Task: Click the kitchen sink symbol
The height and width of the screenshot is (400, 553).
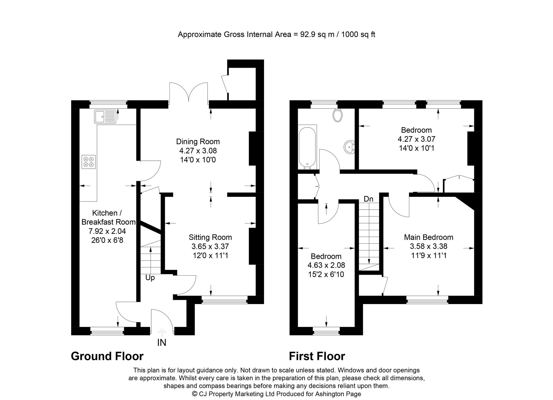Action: click(x=105, y=116)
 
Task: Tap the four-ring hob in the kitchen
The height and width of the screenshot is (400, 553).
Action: click(x=89, y=162)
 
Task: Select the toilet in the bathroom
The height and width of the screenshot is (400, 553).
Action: click(x=337, y=115)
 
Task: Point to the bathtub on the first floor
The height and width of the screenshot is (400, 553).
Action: click(x=307, y=148)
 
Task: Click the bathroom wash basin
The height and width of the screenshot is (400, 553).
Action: click(x=349, y=147)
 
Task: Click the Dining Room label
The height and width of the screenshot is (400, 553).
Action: click(x=198, y=142)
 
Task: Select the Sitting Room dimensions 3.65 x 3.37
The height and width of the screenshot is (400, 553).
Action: click(x=210, y=246)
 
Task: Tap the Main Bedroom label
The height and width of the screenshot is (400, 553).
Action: click(x=428, y=237)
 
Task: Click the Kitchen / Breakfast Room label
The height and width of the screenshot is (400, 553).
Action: click(x=108, y=217)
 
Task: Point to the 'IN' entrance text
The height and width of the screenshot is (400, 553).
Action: click(x=161, y=343)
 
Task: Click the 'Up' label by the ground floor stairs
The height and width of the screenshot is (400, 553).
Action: click(x=150, y=278)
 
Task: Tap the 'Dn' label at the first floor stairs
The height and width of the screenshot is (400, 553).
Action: click(x=368, y=199)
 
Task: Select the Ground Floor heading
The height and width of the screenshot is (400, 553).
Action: click(x=107, y=356)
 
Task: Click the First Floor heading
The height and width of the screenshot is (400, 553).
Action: click(x=317, y=356)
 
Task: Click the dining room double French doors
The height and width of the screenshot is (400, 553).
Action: click(x=189, y=93)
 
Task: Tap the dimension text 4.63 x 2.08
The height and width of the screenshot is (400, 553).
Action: click(x=326, y=265)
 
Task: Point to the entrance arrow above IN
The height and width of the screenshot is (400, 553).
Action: click(x=162, y=332)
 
